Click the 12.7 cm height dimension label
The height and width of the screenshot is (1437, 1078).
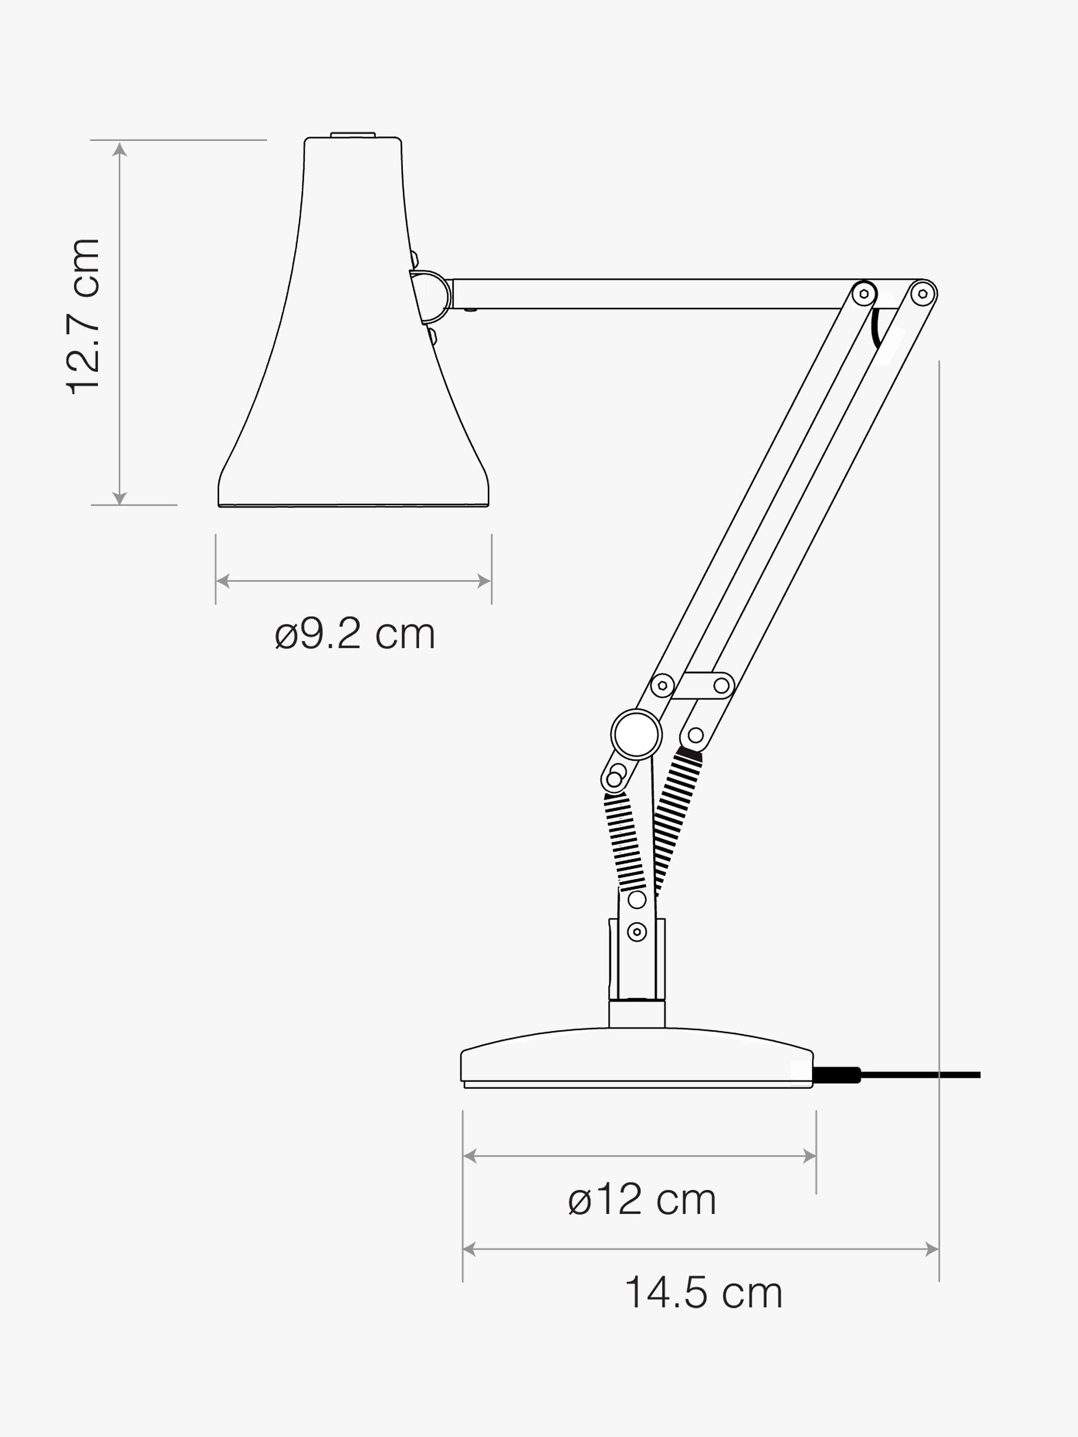[84, 316]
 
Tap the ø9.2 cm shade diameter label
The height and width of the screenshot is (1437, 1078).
[355, 634]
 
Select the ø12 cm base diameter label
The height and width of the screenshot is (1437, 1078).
[642, 1199]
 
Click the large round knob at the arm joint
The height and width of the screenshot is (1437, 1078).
[637, 734]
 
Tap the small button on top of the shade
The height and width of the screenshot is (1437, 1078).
[353, 135]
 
